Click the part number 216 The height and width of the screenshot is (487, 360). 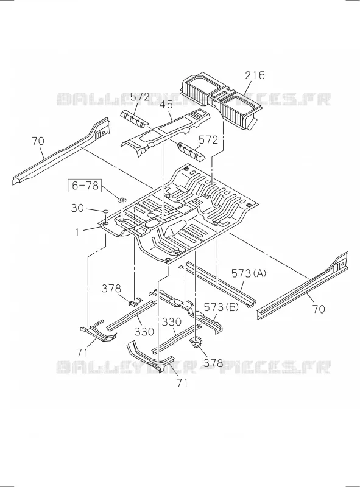255,75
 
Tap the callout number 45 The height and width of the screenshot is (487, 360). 166,104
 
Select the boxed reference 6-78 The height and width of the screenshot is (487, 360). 85,186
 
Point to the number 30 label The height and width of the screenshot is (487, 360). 77,208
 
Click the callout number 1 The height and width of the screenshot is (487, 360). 77,232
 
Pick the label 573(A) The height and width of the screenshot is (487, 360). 249,273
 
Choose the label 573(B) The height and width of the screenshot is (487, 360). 221,307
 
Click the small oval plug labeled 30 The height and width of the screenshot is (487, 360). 105,211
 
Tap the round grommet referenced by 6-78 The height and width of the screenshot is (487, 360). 122,200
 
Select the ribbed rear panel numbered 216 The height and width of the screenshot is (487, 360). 221,99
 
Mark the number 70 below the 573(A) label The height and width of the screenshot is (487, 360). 319,309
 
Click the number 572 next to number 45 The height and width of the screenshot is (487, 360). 140,97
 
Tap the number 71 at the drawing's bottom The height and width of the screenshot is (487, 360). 182,383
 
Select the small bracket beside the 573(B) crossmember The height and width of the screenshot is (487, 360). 196,343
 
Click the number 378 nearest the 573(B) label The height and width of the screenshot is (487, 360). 213,363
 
